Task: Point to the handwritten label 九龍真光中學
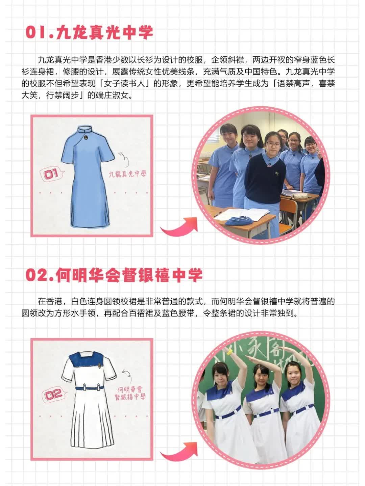click(x=128, y=174)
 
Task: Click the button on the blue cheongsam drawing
click(x=85, y=138)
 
